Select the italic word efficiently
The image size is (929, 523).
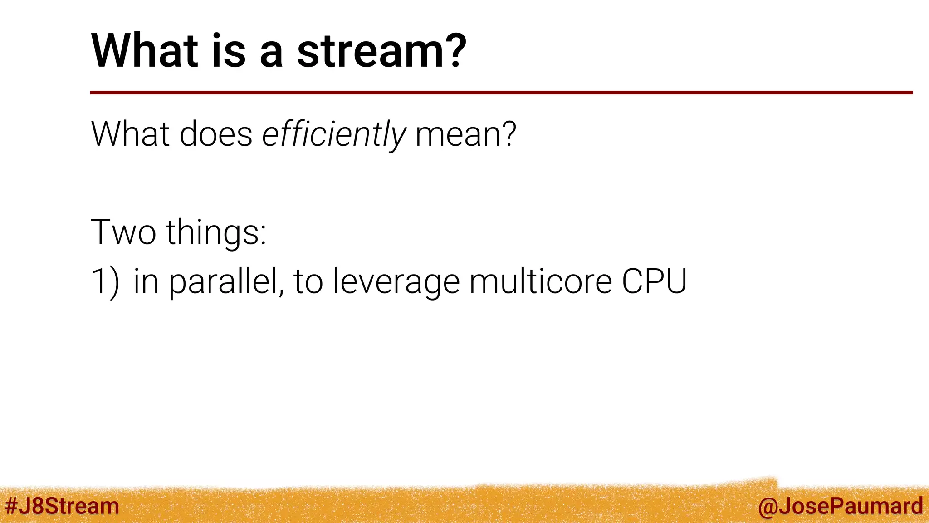(x=334, y=134)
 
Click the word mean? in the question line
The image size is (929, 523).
(x=466, y=134)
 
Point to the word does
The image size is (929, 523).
(x=216, y=134)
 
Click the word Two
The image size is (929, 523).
(x=123, y=232)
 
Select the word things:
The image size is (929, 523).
(x=216, y=232)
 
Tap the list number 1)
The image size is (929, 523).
(x=106, y=282)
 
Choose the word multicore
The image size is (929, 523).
(x=541, y=282)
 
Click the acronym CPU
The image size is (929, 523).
(x=654, y=282)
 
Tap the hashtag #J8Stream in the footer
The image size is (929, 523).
(x=62, y=506)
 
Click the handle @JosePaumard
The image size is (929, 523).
(x=840, y=506)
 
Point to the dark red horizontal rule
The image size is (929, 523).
(x=501, y=93)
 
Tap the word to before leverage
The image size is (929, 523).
(x=308, y=282)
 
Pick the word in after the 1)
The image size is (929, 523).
(x=146, y=282)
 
